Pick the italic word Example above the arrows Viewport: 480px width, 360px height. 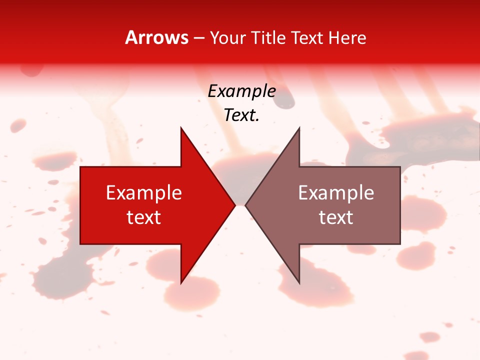(241, 91)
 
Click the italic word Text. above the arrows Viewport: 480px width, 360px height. (241, 115)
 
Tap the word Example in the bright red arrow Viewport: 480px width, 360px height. (143, 193)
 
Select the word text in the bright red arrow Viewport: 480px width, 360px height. (143, 217)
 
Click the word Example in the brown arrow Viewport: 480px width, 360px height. (336, 193)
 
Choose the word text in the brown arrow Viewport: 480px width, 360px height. (336, 217)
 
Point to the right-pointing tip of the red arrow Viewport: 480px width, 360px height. (235, 205)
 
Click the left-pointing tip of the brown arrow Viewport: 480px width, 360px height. (245, 205)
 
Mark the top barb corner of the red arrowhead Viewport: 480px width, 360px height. (181, 127)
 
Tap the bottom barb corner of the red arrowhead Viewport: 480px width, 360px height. (181, 283)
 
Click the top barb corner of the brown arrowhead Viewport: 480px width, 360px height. (299, 127)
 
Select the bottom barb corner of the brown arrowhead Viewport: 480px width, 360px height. (299, 283)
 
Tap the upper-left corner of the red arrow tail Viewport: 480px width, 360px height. (80, 167)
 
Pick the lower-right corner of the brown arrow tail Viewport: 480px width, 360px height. (400, 244)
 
